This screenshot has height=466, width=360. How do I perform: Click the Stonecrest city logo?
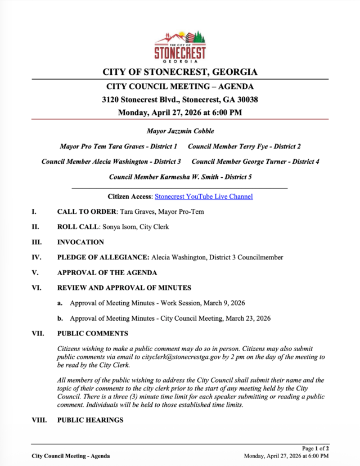click(180, 46)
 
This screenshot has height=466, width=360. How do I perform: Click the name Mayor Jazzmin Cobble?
click(180, 131)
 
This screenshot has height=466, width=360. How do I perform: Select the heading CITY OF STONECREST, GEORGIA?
click(180, 72)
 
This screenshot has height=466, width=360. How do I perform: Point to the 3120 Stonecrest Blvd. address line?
click(180, 100)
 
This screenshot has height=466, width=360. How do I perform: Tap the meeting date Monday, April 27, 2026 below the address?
click(180, 113)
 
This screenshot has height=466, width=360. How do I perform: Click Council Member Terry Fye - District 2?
click(244, 146)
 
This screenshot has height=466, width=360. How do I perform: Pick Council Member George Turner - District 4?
click(255, 162)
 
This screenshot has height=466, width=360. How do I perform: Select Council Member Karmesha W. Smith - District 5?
click(180, 177)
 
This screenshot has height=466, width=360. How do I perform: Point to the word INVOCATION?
click(80, 242)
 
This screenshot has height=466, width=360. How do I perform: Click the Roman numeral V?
click(34, 272)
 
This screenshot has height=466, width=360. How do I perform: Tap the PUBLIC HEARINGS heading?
click(90, 420)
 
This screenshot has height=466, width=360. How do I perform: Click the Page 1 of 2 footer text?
click(315, 449)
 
